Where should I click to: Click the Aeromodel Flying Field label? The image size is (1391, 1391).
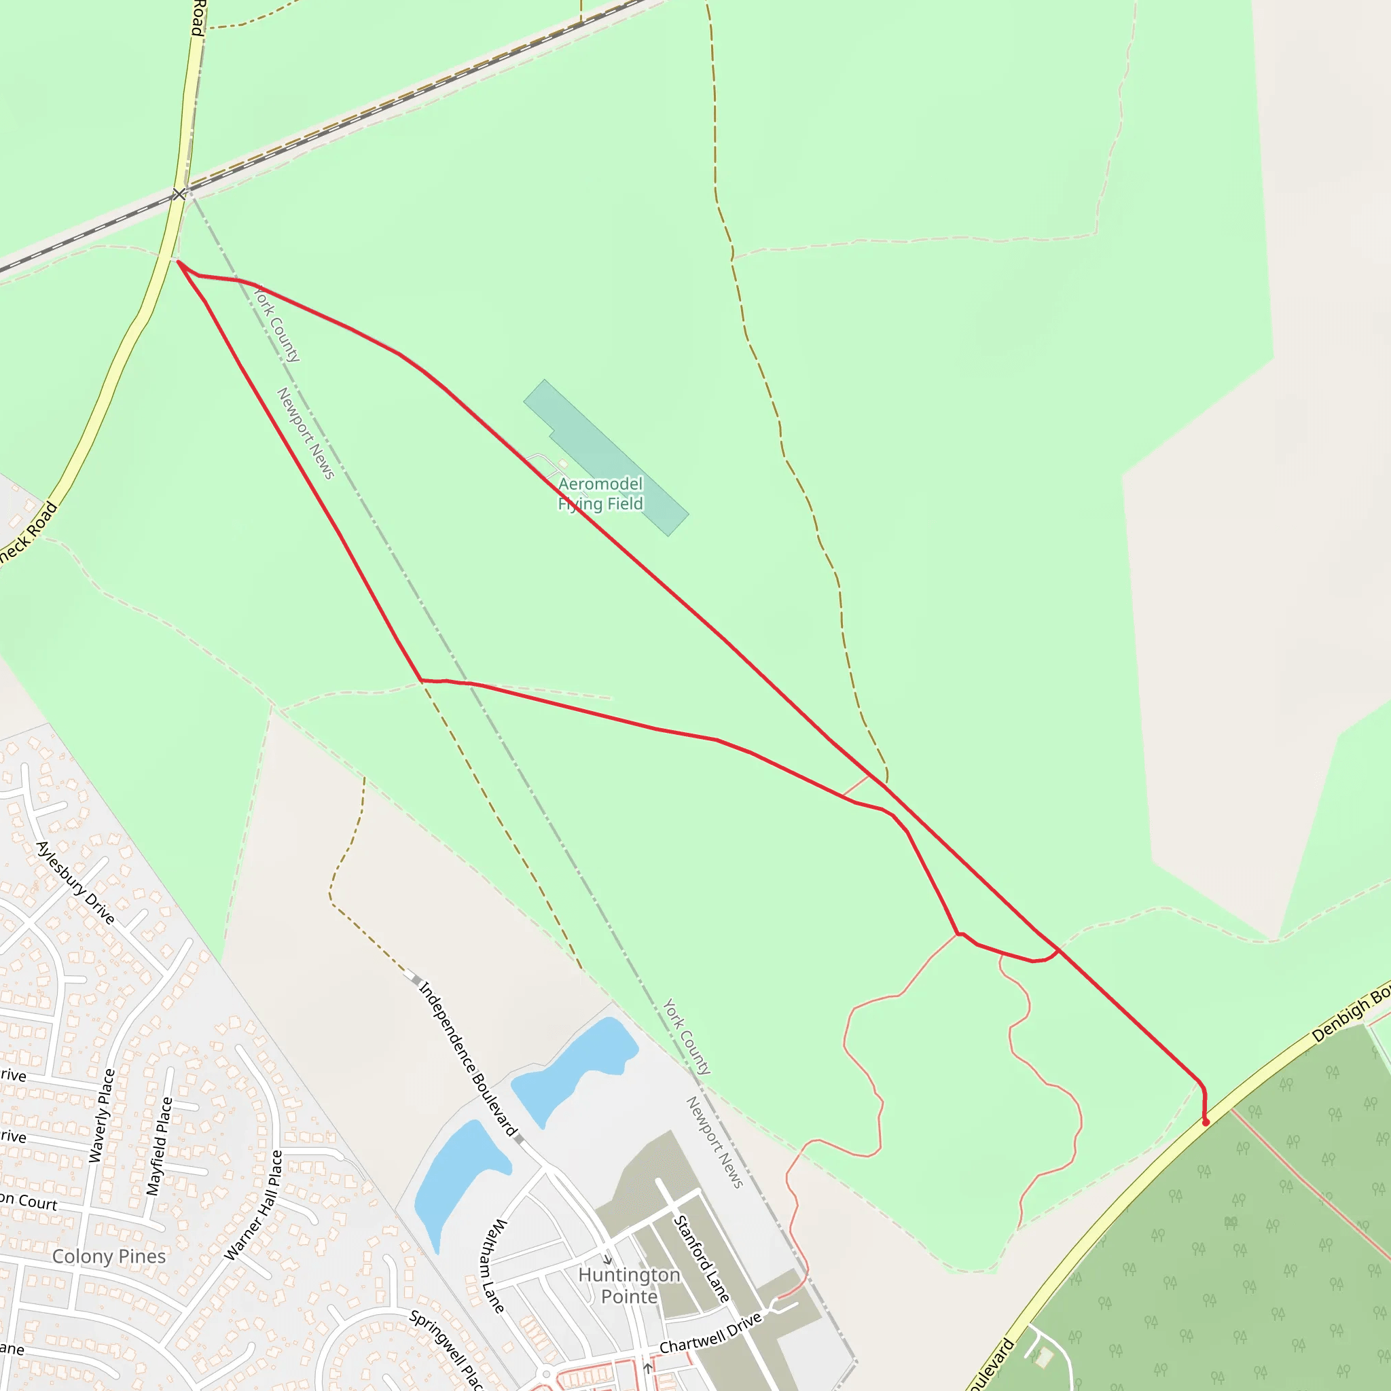(x=600, y=493)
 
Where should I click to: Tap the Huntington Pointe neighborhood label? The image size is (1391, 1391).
(x=628, y=1285)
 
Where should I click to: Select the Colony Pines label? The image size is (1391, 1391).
(x=109, y=1257)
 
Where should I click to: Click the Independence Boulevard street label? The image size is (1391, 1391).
(x=468, y=1059)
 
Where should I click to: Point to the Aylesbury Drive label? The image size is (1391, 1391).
(x=75, y=883)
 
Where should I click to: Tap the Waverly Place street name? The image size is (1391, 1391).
(x=101, y=1116)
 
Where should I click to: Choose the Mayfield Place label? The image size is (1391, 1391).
(x=159, y=1147)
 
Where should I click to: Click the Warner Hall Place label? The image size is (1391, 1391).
(x=253, y=1206)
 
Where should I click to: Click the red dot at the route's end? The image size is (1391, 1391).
(x=1206, y=1123)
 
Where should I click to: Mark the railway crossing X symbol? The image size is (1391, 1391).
(x=179, y=194)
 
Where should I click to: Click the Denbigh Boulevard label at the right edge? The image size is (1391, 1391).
(x=1351, y=1015)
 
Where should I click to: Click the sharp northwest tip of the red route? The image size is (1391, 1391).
(x=178, y=262)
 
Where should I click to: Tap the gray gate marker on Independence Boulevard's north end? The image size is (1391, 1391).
(x=416, y=979)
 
